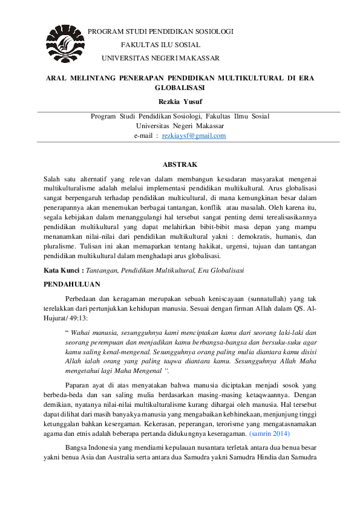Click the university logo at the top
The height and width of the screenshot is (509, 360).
[x=64, y=42]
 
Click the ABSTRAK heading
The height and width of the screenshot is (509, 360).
[x=180, y=164]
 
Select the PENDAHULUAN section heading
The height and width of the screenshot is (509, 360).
[x=73, y=284]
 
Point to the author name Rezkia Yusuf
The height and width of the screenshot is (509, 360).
[x=180, y=100]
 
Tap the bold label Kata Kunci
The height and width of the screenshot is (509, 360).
[x=62, y=270]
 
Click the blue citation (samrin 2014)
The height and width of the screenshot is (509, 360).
[x=269, y=433]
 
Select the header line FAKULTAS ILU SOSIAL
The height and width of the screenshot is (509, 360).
[x=161, y=45]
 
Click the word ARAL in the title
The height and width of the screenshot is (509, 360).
[x=56, y=78]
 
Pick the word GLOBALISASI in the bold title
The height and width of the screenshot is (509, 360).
[x=180, y=88]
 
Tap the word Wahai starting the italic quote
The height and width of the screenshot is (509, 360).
[x=82, y=332]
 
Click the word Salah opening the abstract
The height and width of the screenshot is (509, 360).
[x=54, y=178]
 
